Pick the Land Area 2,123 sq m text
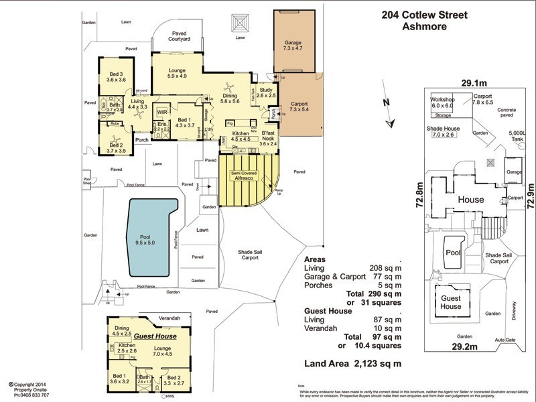[353, 364]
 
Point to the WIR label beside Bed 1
[162, 112]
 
